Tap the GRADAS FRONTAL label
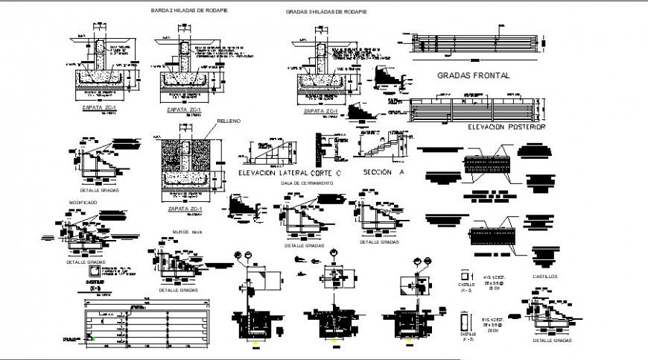(x=473, y=76)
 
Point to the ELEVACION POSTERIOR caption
(x=506, y=127)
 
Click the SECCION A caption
(x=383, y=172)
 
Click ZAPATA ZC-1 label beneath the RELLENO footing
(x=182, y=209)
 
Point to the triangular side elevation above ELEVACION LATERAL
(x=270, y=151)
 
